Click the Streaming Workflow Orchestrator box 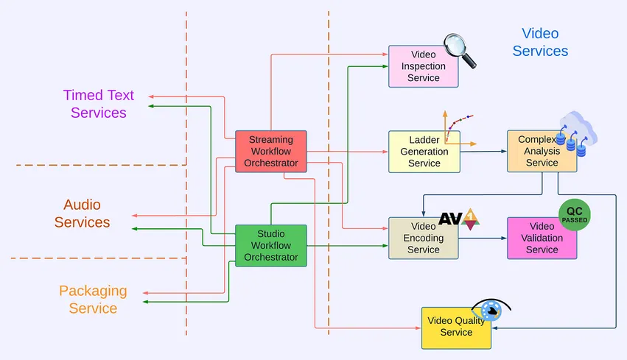[270, 152]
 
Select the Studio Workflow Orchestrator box [270, 245]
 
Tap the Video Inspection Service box [423, 66]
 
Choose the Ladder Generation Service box [424, 152]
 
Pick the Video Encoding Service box [423, 238]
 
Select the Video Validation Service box [542, 238]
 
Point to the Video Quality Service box [456, 327]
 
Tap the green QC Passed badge [575, 215]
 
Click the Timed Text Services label [99, 104]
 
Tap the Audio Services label [82, 213]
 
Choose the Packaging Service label [93, 300]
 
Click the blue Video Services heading [540, 42]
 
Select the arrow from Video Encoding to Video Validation [483, 238]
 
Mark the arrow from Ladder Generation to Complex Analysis [483, 152]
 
